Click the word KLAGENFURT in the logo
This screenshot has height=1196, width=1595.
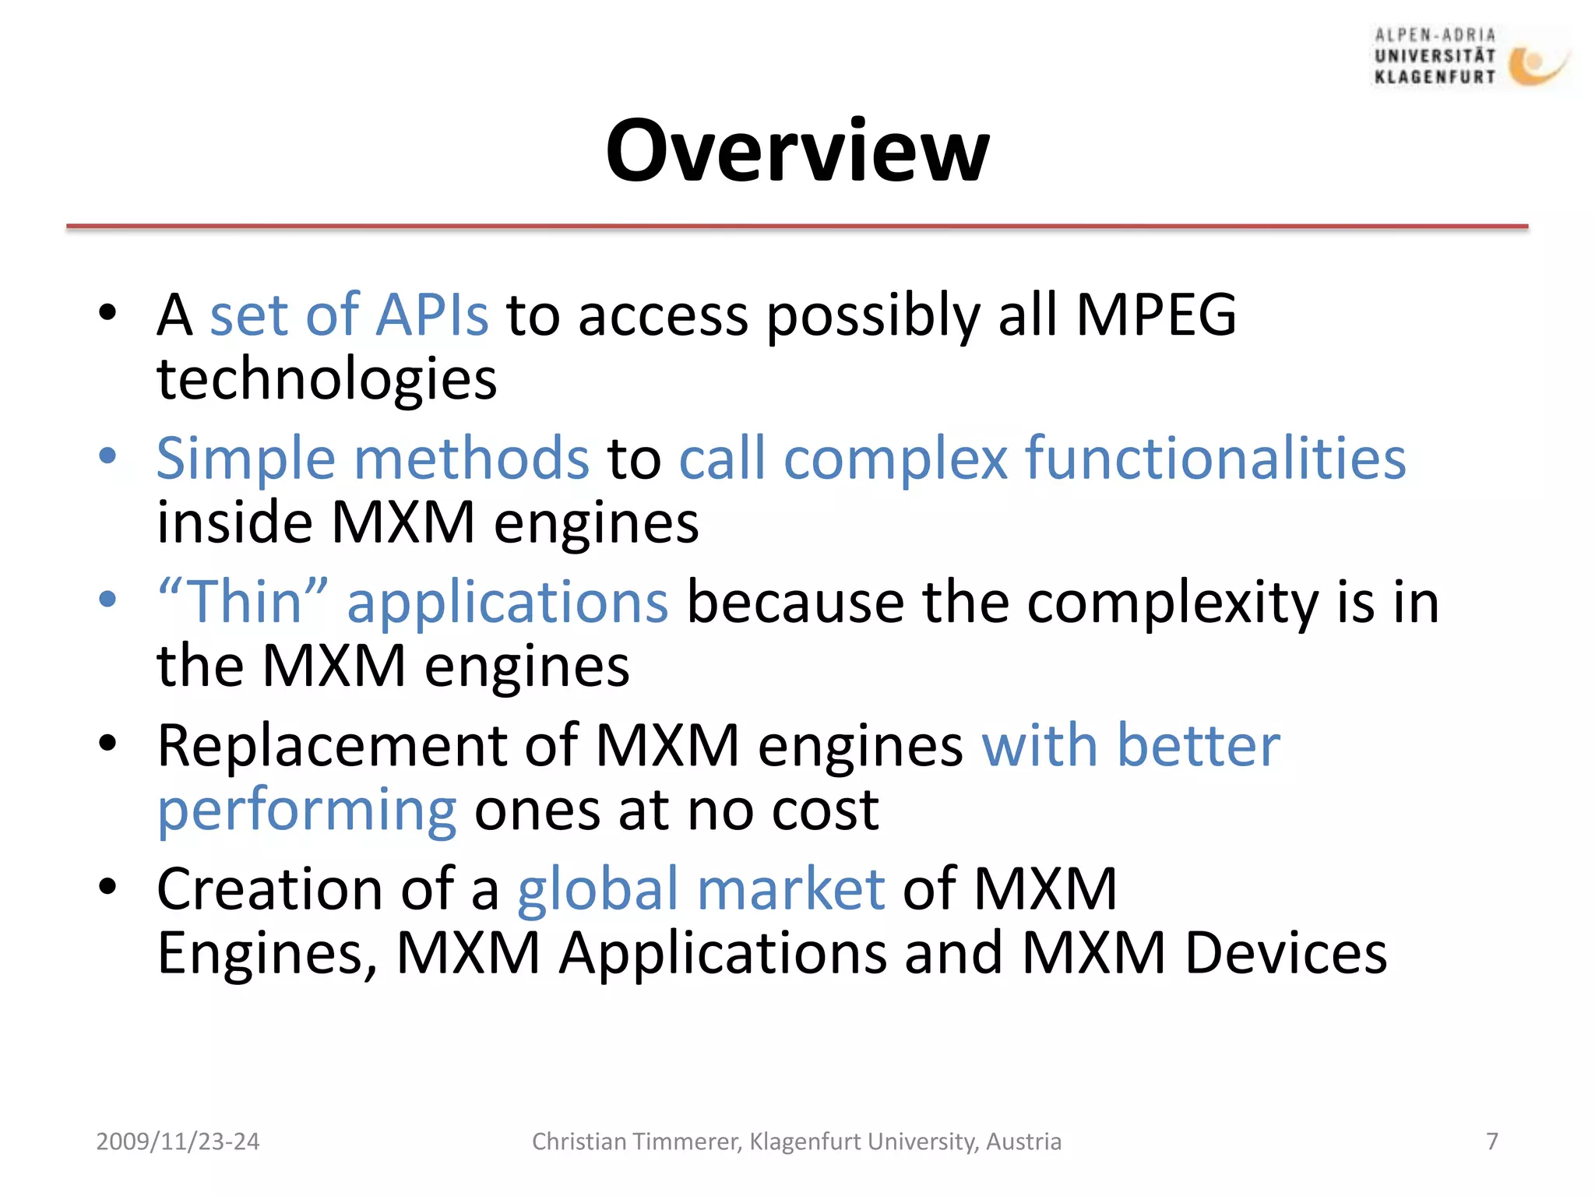(x=1435, y=77)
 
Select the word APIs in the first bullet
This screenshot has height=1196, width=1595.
(x=432, y=315)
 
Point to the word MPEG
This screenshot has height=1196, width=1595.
(x=1156, y=315)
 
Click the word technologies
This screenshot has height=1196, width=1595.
(x=327, y=380)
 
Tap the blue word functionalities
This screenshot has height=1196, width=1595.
(x=1215, y=459)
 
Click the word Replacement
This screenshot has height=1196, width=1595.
(x=331, y=746)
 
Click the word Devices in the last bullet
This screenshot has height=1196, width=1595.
(x=1285, y=954)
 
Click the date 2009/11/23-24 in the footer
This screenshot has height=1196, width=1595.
(x=178, y=1141)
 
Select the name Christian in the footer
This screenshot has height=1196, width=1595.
(x=579, y=1141)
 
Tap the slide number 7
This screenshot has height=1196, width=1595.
(x=1492, y=1141)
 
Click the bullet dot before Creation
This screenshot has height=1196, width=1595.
(x=107, y=886)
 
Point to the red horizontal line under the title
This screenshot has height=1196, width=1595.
(x=797, y=227)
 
